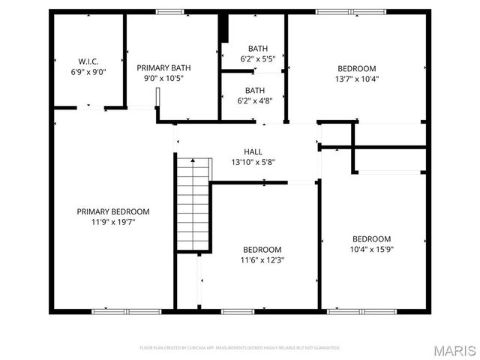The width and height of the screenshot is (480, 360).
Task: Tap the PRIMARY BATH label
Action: point(163,67)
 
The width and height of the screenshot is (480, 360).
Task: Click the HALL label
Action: point(253,152)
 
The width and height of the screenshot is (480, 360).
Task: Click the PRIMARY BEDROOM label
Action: point(112,211)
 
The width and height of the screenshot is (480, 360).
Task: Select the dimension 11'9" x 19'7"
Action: point(112,221)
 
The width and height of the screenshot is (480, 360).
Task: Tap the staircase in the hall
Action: point(193,204)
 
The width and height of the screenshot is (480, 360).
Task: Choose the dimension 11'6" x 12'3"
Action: point(262,260)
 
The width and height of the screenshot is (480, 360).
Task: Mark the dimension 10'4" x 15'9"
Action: point(371,250)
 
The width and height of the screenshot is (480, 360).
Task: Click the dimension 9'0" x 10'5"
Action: point(163,78)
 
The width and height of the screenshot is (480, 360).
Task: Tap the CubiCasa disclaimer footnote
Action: point(240,348)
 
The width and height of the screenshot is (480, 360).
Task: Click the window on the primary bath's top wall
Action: point(170,12)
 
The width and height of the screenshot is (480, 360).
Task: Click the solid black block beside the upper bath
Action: point(223,29)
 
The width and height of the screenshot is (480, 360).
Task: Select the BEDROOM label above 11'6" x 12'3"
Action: point(262,250)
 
